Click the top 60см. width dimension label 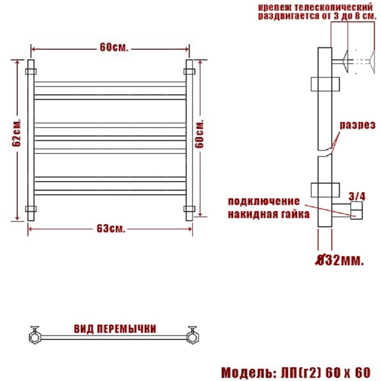114,48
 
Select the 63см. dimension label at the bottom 111,229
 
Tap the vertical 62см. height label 17,133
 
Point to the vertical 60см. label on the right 199,133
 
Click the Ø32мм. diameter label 339,260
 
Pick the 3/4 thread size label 357,196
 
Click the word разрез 358,125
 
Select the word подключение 264,201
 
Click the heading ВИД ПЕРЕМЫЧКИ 115,329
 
